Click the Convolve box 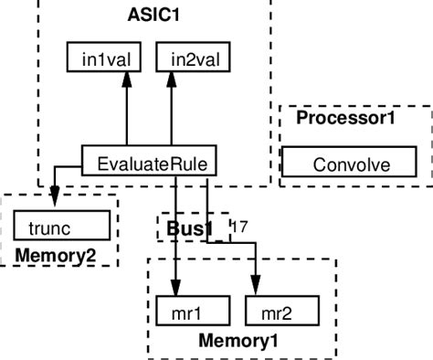click(x=351, y=164)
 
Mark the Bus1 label click(x=190, y=228)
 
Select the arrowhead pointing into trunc click(x=55, y=199)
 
